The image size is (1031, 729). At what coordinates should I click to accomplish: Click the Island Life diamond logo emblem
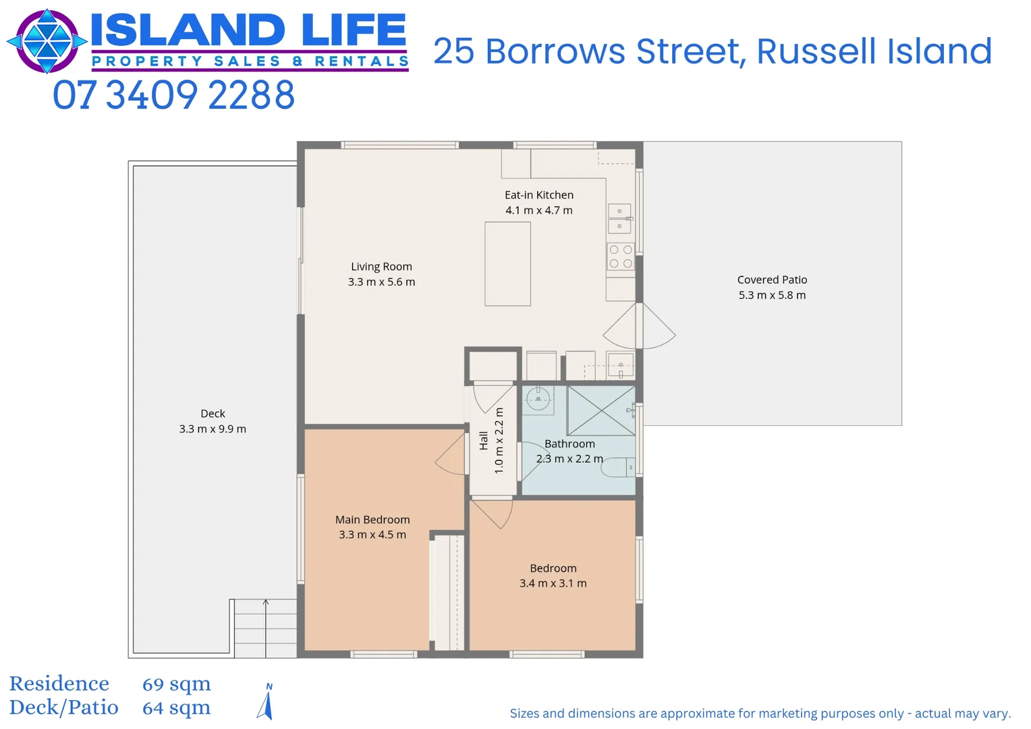47,41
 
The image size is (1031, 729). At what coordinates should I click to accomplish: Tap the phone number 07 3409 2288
174,95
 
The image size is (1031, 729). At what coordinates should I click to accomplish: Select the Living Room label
381,267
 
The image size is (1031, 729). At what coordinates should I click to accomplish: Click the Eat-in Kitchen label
539,195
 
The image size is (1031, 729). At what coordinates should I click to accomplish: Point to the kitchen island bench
507,264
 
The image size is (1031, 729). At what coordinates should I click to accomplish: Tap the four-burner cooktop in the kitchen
621,256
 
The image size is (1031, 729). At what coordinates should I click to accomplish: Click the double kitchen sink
619,219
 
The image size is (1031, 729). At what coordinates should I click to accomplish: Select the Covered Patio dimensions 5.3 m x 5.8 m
772,295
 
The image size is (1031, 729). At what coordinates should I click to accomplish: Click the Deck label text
213,414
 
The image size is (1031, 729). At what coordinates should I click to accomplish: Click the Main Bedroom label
372,520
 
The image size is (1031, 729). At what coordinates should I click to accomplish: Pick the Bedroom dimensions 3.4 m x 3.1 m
553,583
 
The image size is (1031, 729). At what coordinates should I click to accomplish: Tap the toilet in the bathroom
619,467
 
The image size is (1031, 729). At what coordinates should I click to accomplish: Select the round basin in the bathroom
538,399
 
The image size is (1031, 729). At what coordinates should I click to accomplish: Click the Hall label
484,441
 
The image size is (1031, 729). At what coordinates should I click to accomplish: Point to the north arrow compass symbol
266,703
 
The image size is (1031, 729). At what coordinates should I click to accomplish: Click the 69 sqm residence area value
176,684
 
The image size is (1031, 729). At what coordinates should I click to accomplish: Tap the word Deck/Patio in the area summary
63,707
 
